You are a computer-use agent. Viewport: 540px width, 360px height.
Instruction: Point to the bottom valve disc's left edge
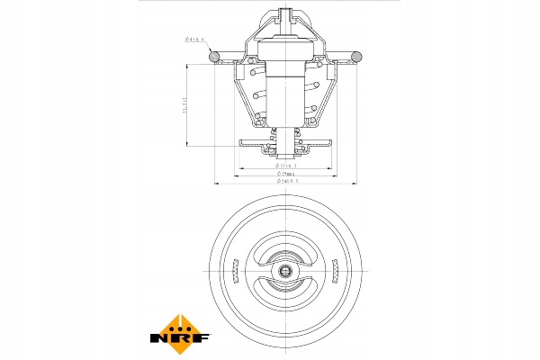pyautogui.click(x=239, y=144)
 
